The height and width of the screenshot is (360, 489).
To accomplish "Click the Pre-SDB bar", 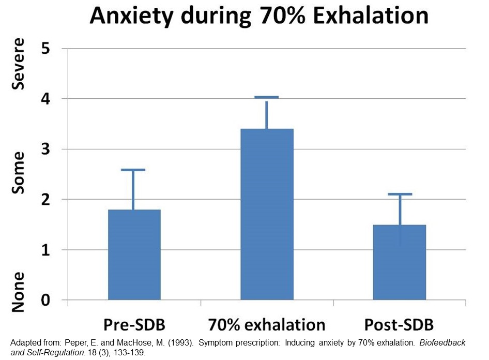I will point(134,254).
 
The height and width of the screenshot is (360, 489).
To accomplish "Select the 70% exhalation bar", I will point(267,214).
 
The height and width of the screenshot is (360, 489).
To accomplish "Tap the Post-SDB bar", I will point(400,262).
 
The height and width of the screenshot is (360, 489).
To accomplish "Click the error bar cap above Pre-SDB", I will point(134,170).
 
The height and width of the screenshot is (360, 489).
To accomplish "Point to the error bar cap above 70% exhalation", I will point(267,97).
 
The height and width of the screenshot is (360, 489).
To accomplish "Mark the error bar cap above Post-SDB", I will point(400,194).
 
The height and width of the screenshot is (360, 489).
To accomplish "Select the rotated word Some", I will point(18,173).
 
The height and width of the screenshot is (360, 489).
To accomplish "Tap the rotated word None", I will point(18,292).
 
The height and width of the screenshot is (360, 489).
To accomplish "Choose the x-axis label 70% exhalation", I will point(267,325).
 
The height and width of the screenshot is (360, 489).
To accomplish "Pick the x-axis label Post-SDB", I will point(399,325).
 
